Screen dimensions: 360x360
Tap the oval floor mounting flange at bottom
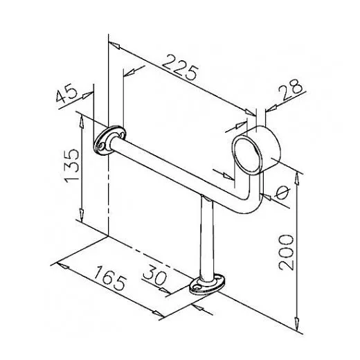coord(206,285)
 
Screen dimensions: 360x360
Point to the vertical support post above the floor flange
coord(206,235)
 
